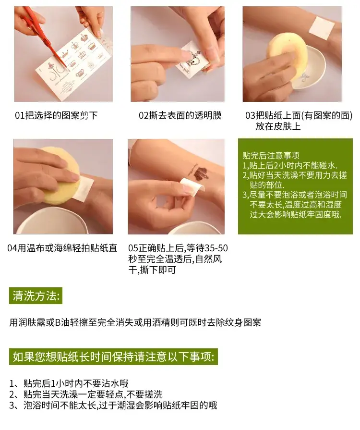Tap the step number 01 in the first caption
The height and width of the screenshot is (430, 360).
pyautogui.click(x=20, y=115)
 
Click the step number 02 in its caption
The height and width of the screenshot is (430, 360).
pyautogui.click(x=144, y=115)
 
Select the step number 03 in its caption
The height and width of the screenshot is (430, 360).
pyautogui.click(x=251, y=115)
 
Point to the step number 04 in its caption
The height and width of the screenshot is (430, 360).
pyautogui.click(x=12, y=248)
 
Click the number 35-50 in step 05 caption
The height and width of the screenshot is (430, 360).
pyautogui.click(x=216, y=248)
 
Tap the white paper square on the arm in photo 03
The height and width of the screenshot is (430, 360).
pyautogui.click(x=322, y=28)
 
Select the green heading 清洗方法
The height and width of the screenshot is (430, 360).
pyautogui.click(x=36, y=295)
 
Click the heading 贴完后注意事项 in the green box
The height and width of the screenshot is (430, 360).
pyautogui.click(x=271, y=156)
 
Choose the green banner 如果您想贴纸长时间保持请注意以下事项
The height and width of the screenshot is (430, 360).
pyautogui.click(x=113, y=357)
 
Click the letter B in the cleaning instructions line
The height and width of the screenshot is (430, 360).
pyautogui.click(x=58, y=322)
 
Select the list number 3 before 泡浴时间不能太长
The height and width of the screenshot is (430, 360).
pyautogui.click(x=12, y=405)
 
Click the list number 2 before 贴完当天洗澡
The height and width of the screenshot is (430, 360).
pyautogui.click(x=12, y=394)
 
